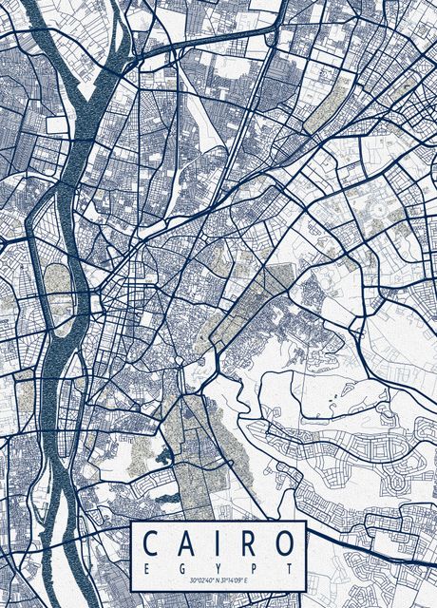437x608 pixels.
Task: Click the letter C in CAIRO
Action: click(152, 544)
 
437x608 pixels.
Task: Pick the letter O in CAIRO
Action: click(283, 544)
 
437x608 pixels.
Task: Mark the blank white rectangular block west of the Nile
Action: click(56, 124)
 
